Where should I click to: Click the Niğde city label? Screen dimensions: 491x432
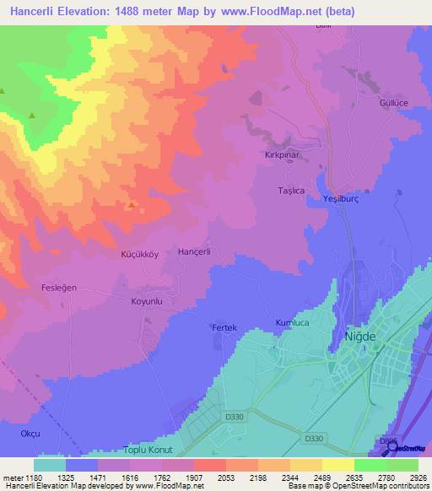click(361, 337)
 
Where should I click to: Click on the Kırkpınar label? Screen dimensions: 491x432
click(279, 156)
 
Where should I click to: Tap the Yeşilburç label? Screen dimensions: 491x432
click(343, 198)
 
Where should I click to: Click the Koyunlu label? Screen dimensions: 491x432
click(146, 301)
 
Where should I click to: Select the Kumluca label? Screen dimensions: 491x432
click(294, 323)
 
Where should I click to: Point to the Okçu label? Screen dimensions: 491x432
click(30, 433)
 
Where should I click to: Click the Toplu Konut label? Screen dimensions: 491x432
click(147, 451)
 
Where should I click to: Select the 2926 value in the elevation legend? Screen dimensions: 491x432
click(419, 477)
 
